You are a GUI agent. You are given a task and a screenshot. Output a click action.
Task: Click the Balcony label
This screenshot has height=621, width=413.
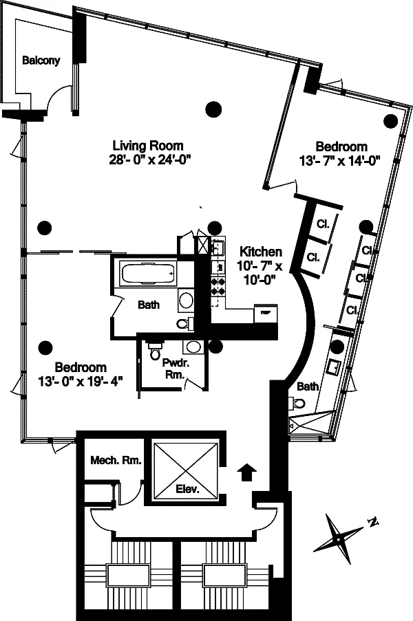tap(41, 61)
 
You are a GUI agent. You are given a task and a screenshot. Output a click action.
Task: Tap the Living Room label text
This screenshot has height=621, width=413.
tap(148, 146)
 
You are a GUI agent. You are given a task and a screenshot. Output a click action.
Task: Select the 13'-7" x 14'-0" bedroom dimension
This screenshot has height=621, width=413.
tap(339, 161)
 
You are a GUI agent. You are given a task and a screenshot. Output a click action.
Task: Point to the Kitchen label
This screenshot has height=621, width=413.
tap(261, 252)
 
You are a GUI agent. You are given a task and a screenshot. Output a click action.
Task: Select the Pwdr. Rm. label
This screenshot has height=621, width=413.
tap(175, 369)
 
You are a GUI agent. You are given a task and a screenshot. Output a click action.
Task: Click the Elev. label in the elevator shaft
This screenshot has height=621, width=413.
tap(187, 489)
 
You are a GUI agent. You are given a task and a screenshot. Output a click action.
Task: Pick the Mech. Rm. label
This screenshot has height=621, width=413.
tap(116, 460)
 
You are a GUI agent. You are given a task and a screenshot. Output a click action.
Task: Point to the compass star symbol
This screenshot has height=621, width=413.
tap(338, 539)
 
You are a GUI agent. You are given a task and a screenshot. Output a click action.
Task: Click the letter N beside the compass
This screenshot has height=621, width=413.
tap(372, 523)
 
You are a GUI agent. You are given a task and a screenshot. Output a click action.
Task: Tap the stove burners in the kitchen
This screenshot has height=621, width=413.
tap(218, 287)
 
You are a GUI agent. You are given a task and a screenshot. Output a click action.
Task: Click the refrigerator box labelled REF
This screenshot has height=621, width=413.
tap(265, 312)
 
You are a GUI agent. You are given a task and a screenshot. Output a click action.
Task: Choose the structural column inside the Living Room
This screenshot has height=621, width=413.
tap(214, 109)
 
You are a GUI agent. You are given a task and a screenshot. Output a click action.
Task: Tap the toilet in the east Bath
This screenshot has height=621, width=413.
tap(299, 404)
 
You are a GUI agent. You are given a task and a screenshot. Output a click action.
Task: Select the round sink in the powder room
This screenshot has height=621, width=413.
tap(193, 347)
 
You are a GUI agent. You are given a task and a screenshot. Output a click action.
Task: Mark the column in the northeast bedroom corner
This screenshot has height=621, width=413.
tap(391, 121)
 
